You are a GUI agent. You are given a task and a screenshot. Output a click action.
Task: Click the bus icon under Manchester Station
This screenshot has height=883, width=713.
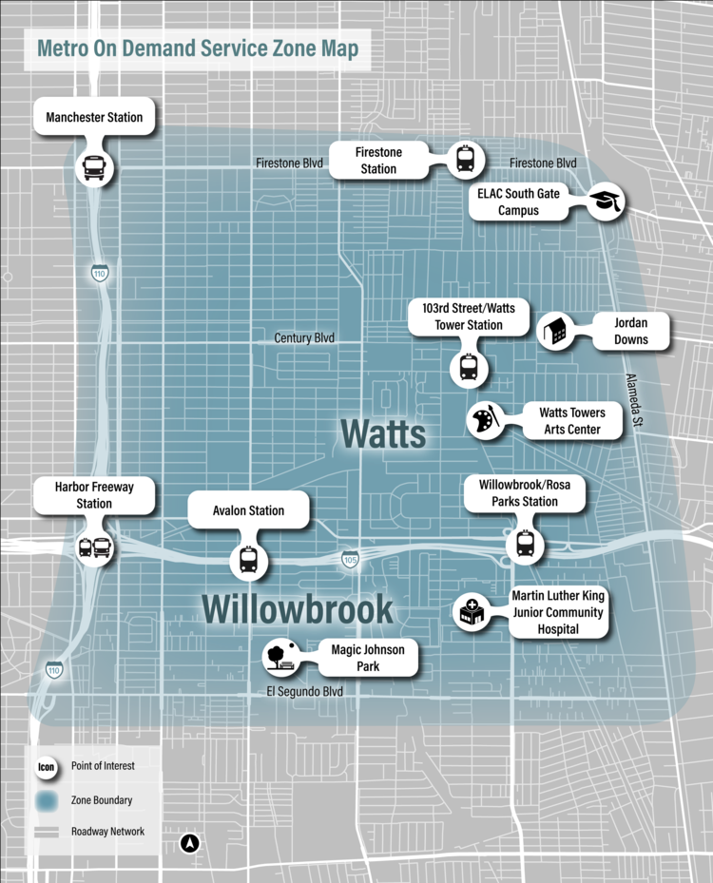(x=94, y=168)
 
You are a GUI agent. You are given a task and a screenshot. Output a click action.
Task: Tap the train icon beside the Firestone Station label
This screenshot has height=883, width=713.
(x=465, y=159)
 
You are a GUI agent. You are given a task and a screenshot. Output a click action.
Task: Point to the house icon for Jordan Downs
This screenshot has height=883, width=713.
(x=556, y=331)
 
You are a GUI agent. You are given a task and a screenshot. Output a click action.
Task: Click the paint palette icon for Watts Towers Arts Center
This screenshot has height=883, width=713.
(x=484, y=421)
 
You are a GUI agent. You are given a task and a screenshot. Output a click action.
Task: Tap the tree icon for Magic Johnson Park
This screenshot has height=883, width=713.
(x=279, y=656)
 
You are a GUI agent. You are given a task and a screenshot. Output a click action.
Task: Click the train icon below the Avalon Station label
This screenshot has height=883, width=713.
(x=248, y=560)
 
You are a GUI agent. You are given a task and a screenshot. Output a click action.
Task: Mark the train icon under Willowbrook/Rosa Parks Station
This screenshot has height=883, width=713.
(x=525, y=543)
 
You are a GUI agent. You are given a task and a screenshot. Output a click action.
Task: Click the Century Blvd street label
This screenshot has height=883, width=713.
(x=304, y=337)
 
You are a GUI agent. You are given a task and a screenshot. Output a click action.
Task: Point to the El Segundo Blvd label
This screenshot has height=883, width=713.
(x=304, y=692)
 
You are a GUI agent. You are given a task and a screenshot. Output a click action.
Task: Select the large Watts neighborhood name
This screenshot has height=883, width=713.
(x=383, y=434)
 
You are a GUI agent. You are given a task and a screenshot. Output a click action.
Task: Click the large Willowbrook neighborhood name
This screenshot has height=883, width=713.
(x=297, y=609)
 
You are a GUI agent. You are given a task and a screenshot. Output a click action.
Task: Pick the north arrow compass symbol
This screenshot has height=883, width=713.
(x=190, y=842)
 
